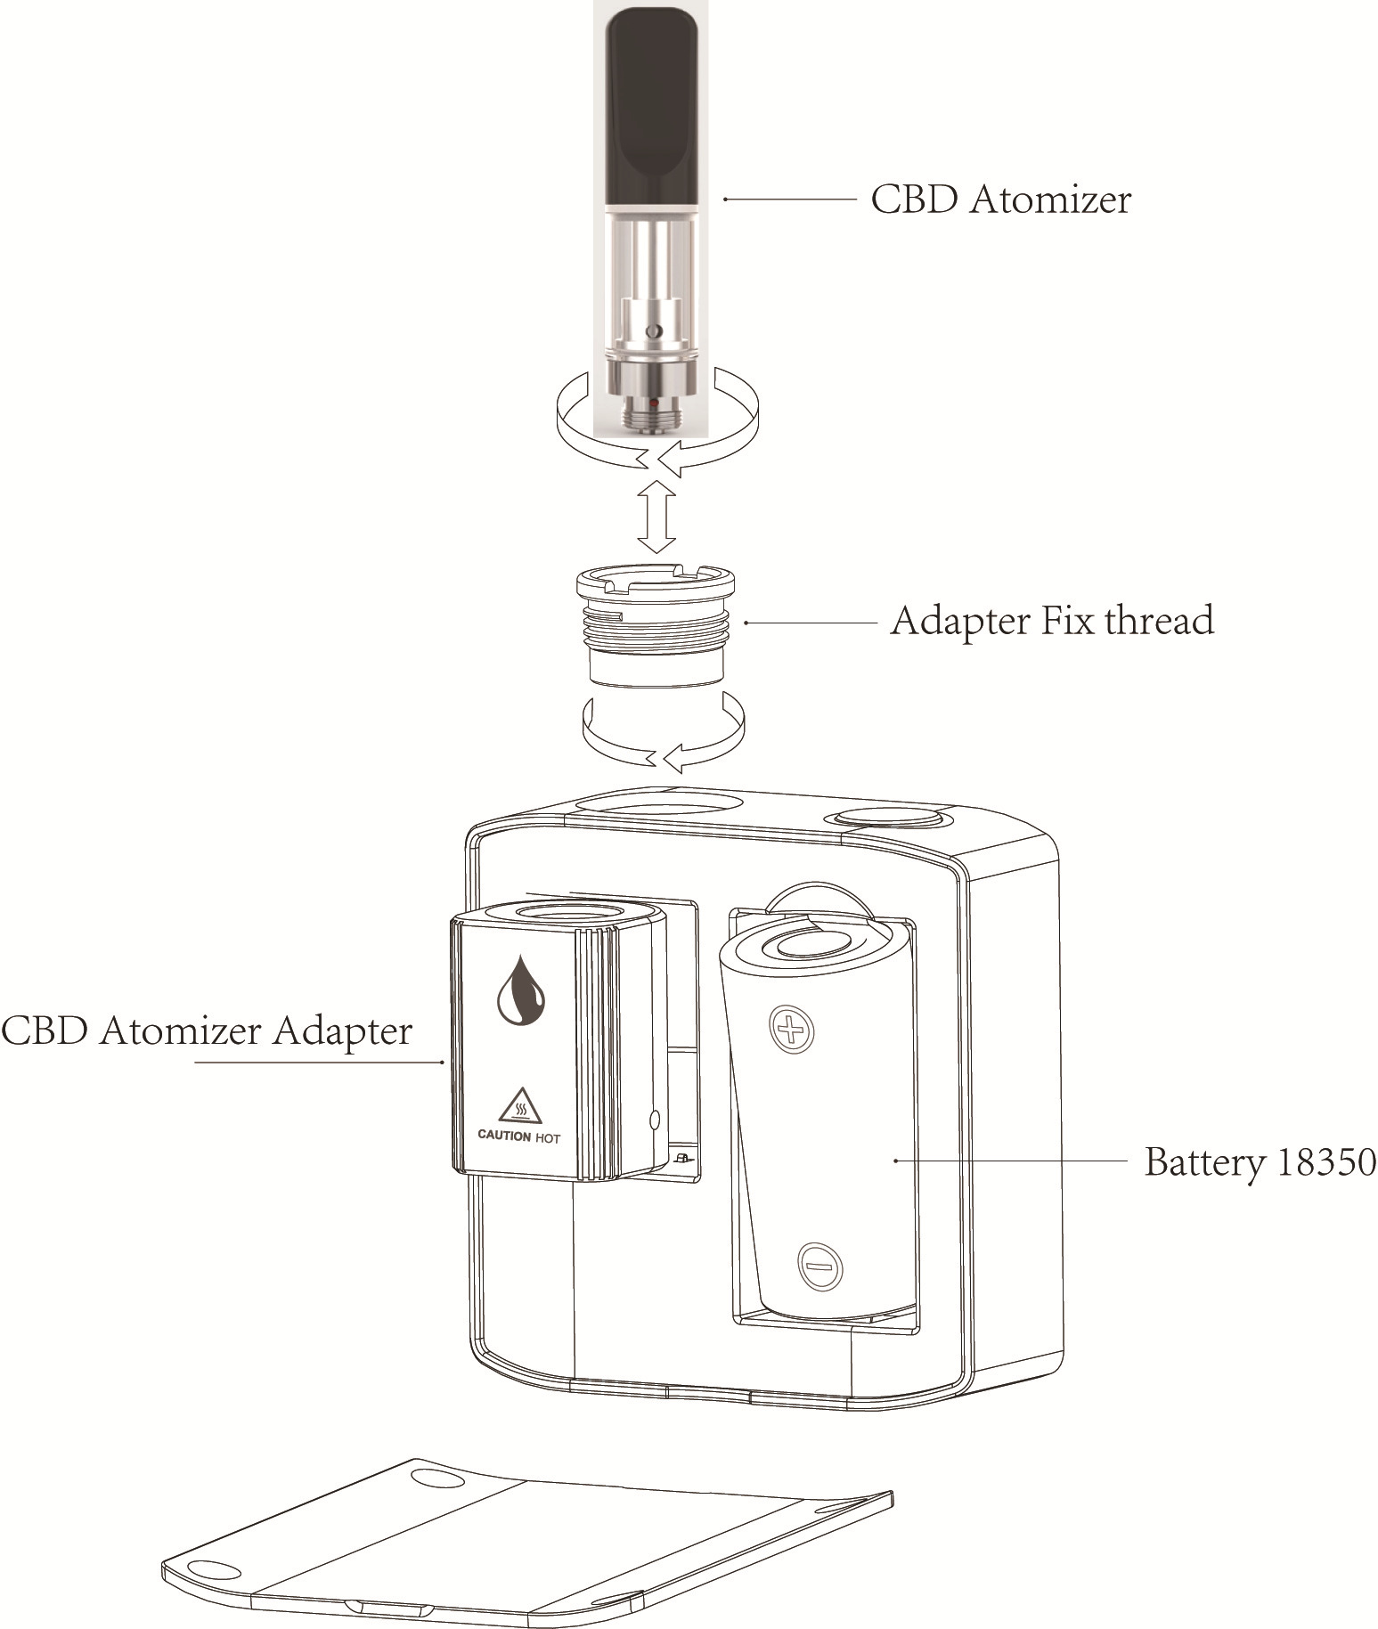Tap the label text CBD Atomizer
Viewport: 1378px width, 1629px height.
click(1000, 200)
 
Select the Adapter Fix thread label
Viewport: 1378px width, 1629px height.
click(1051, 621)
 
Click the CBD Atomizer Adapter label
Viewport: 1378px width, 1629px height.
click(207, 1031)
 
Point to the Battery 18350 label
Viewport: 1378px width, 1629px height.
click(1260, 1162)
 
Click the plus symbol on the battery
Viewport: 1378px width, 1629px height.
click(791, 1031)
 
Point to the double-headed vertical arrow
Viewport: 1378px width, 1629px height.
click(656, 517)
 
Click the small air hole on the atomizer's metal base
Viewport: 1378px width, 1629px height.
click(655, 330)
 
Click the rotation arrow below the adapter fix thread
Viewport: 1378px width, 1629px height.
click(664, 735)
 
